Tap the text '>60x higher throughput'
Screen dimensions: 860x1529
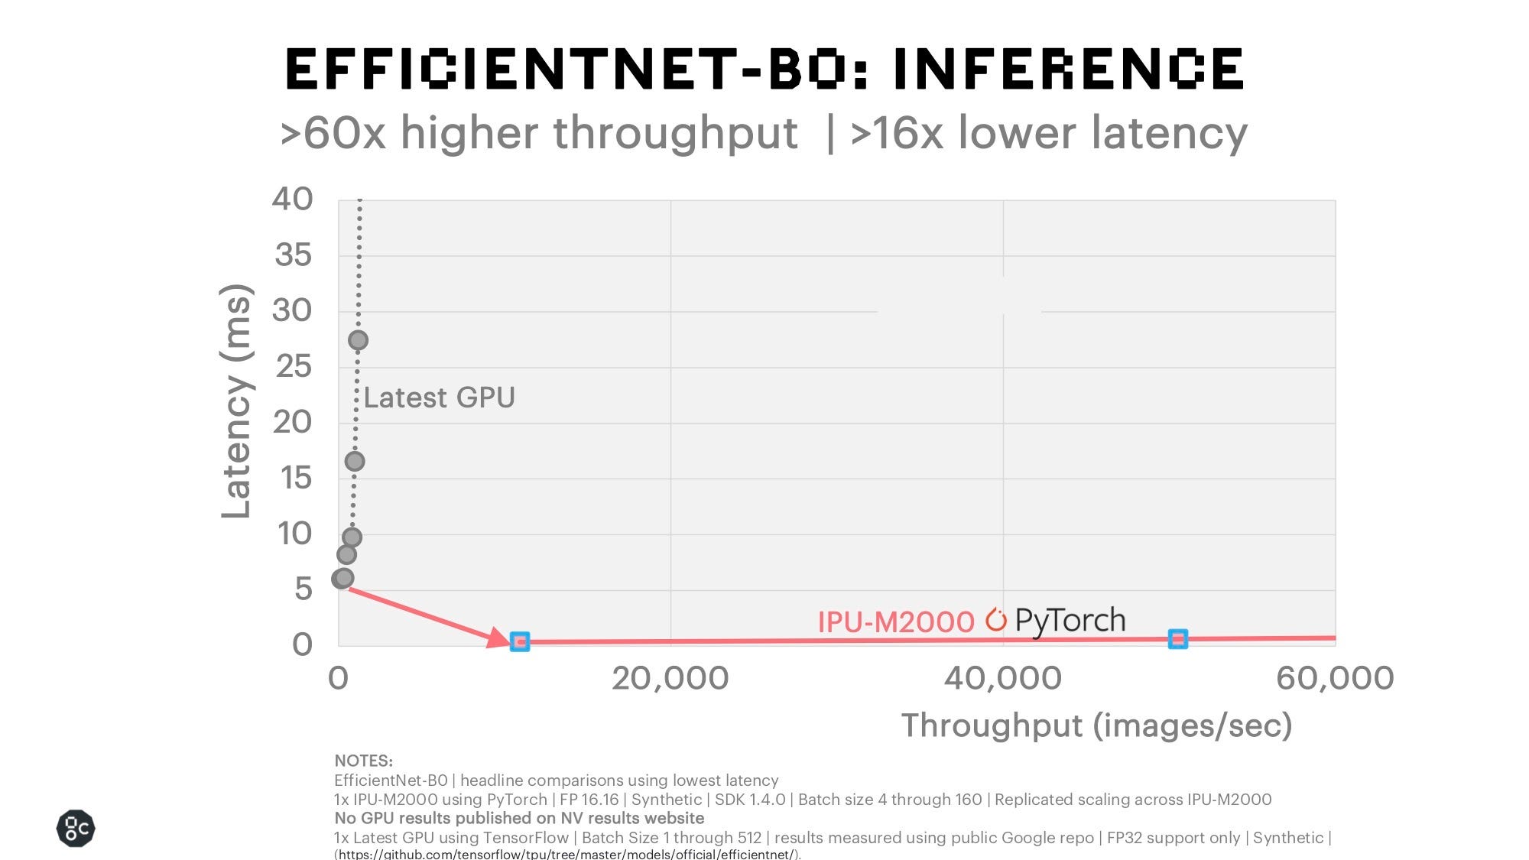coord(539,133)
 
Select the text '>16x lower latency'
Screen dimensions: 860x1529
coord(1049,133)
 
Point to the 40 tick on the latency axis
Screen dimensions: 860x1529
coord(292,200)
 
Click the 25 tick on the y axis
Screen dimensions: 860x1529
coord(294,367)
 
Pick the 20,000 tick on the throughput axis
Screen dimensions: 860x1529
coord(670,679)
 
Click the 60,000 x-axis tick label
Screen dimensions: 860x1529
coord(1334,679)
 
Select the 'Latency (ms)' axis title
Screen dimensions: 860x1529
coord(235,401)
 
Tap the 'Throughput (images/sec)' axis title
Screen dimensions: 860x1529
coord(1096,725)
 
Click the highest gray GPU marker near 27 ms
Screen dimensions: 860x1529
coord(358,340)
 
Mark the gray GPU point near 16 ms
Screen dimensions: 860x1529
coord(354,461)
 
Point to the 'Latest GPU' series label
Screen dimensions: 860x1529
coord(439,398)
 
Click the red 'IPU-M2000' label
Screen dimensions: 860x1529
coord(895,622)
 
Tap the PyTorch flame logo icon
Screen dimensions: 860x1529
coord(995,619)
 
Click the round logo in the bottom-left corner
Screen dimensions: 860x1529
coord(76,829)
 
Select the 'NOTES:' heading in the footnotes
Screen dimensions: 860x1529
coord(363,761)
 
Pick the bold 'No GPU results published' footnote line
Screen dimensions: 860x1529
coord(519,819)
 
